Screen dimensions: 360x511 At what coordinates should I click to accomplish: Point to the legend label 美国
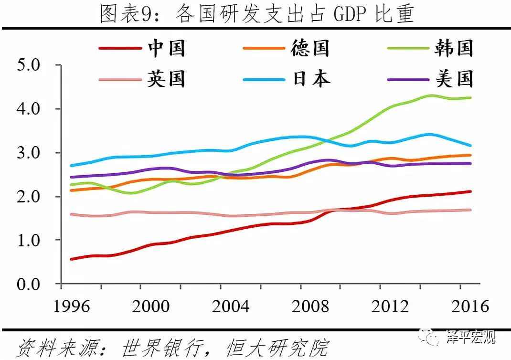[454, 79]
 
